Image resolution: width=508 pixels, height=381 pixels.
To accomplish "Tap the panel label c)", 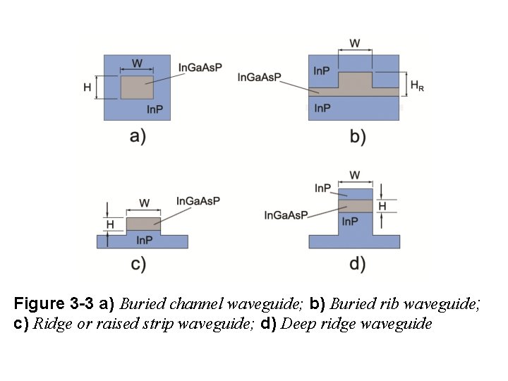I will [x=138, y=264].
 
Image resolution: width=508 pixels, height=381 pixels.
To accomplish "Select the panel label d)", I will [x=358, y=264].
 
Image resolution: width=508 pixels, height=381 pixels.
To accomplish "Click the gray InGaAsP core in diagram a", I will [x=137, y=88].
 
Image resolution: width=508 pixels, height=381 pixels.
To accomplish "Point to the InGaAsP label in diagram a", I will [x=200, y=68].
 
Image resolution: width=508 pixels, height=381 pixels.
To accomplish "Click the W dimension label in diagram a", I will [x=137, y=64].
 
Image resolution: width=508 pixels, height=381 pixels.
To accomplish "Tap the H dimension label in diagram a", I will [x=87, y=88].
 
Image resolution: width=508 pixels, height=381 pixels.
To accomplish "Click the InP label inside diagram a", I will [x=155, y=109].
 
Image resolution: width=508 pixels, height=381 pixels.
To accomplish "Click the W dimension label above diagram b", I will [x=355, y=43].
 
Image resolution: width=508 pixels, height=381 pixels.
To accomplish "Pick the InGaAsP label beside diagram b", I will [x=260, y=76].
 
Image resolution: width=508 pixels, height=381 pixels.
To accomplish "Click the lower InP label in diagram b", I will [x=322, y=109].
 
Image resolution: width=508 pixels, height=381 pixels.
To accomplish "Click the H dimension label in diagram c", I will [x=109, y=224].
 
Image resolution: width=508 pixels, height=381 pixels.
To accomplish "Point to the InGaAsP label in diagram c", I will [x=198, y=201].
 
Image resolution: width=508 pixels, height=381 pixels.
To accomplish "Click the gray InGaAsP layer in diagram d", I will [x=355, y=205].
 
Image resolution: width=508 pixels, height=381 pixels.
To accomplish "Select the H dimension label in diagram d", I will [x=382, y=205].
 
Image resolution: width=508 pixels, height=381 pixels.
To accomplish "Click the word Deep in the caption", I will [x=296, y=325].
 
